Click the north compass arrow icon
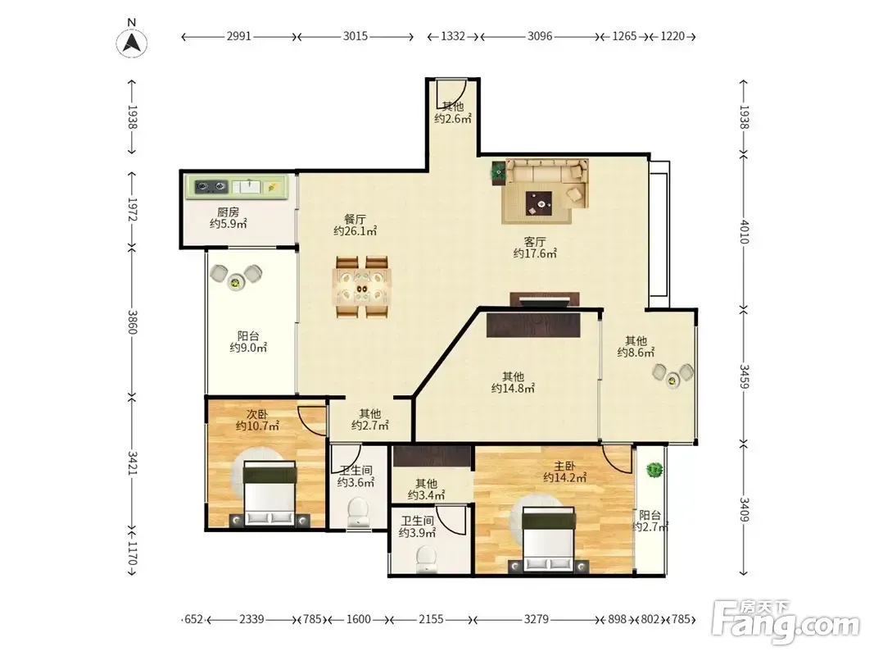tap(132, 43)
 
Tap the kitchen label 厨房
tap(228, 212)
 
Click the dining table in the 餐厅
tap(362, 286)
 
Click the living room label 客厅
tap(535, 242)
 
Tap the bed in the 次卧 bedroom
tap(269, 494)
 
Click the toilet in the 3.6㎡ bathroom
tap(357, 514)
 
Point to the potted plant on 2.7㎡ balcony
tap(654, 470)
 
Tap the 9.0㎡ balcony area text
tap(248, 348)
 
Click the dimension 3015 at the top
tap(355, 36)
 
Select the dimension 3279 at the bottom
tap(537, 619)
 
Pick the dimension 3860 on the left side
tap(132, 322)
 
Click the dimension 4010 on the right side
tap(744, 232)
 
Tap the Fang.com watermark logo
tap(786, 621)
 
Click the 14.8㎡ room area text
tap(513, 388)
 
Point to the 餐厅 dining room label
tap(355, 219)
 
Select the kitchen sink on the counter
tap(247, 186)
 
